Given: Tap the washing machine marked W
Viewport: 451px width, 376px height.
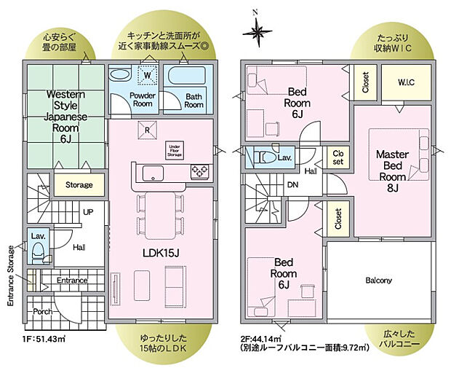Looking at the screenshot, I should point(147,74).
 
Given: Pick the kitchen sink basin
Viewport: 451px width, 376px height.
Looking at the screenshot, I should point(153,173).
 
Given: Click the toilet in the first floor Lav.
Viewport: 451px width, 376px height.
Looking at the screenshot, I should point(40,251).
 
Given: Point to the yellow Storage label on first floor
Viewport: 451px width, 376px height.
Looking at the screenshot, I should point(79,185).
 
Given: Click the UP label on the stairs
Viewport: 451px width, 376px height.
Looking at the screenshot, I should point(87,212).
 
